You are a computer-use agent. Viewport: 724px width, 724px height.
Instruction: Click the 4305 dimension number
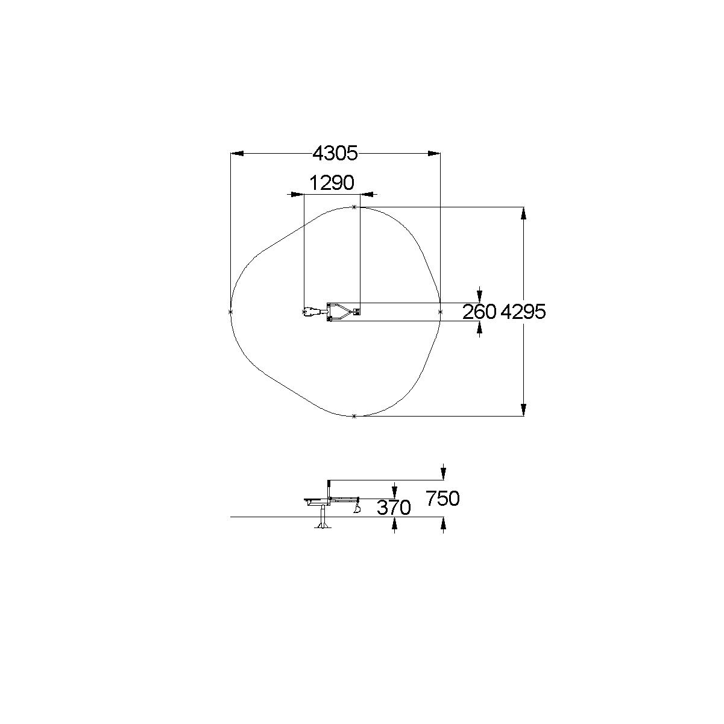point(335,154)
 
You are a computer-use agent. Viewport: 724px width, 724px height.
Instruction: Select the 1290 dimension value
point(332,183)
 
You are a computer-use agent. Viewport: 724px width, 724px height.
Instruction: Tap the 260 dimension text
point(479,312)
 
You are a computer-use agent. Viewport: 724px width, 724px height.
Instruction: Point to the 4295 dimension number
point(523,312)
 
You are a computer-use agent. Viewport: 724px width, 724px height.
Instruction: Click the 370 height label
point(394,508)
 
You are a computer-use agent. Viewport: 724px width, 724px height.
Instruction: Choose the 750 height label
point(442,499)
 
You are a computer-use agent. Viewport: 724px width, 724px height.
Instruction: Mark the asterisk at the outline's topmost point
point(354,207)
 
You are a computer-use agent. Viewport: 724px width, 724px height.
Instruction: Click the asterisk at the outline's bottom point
point(354,417)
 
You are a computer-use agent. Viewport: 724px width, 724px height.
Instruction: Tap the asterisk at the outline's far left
point(230,312)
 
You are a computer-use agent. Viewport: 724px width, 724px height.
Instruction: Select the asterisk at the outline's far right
point(440,312)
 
